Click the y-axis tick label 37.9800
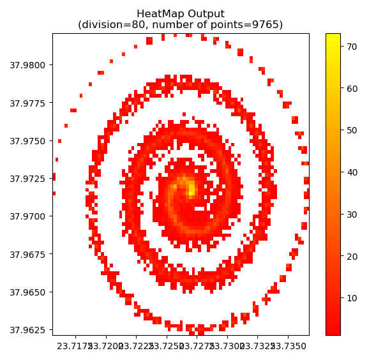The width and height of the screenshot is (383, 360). [27, 65]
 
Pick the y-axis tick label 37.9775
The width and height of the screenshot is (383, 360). [27, 103]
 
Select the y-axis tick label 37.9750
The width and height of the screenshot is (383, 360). [27, 140]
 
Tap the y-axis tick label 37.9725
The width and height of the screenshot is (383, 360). [27, 179]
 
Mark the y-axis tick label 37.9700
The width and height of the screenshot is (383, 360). [27, 216]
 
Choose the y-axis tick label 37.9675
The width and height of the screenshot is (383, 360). [27, 254]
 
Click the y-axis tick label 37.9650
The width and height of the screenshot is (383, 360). [27, 292]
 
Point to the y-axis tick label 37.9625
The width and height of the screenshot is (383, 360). [27, 330]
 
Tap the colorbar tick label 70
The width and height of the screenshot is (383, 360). [351, 46]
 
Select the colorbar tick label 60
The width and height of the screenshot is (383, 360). [351, 88]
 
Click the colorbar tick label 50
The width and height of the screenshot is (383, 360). [351, 130]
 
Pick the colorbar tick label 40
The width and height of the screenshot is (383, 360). [351, 172]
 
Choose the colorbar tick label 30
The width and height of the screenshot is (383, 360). [351, 214]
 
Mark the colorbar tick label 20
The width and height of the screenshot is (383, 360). [351, 256]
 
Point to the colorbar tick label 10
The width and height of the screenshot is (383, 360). [351, 298]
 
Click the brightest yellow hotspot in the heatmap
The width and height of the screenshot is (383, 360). [190, 188]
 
